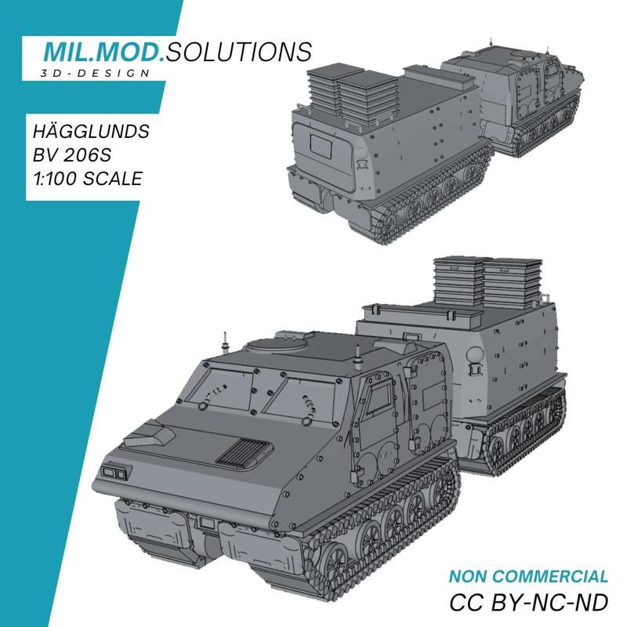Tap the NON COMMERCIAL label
528,576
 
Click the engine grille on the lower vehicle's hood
244,451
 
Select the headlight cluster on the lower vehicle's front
114,472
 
